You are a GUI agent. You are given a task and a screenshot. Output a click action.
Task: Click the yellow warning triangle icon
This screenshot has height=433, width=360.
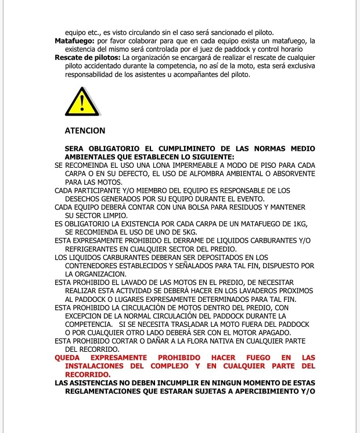(82, 103)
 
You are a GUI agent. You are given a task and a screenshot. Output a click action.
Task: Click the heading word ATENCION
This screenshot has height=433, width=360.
(85, 131)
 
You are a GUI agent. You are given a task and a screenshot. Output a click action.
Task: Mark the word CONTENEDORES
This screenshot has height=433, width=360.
(96, 265)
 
